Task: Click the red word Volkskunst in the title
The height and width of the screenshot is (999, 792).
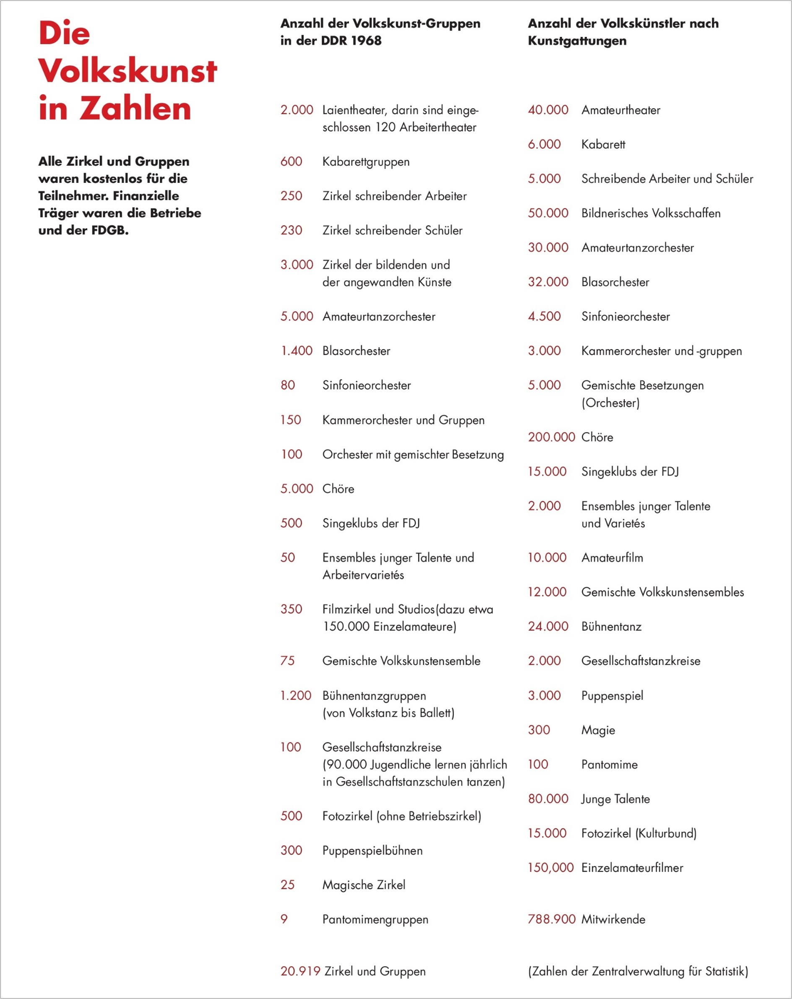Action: (128, 71)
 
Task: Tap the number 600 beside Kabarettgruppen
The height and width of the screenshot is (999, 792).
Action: (291, 162)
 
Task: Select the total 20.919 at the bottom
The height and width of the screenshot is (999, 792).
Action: (300, 971)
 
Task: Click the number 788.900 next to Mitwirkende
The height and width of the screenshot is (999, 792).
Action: (551, 919)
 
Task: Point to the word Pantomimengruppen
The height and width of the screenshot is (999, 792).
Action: (375, 919)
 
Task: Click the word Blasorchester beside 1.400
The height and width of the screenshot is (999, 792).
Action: (356, 351)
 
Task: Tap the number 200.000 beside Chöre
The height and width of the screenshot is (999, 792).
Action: (551, 437)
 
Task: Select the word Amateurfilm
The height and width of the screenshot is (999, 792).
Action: (612, 558)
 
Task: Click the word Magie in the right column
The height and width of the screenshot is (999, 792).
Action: (598, 730)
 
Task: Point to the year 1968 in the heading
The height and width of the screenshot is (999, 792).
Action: (366, 41)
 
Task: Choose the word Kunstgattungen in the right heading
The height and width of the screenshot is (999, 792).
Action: (577, 41)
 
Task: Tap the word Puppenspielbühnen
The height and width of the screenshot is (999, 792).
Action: (373, 850)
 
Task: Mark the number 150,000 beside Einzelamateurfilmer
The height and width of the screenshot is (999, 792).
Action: (551, 867)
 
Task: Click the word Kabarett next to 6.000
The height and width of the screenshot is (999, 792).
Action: (603, 145)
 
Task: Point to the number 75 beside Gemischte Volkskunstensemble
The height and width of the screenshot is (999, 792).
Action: (287, 661)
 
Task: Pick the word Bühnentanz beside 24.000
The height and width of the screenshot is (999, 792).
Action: (611, 626)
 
